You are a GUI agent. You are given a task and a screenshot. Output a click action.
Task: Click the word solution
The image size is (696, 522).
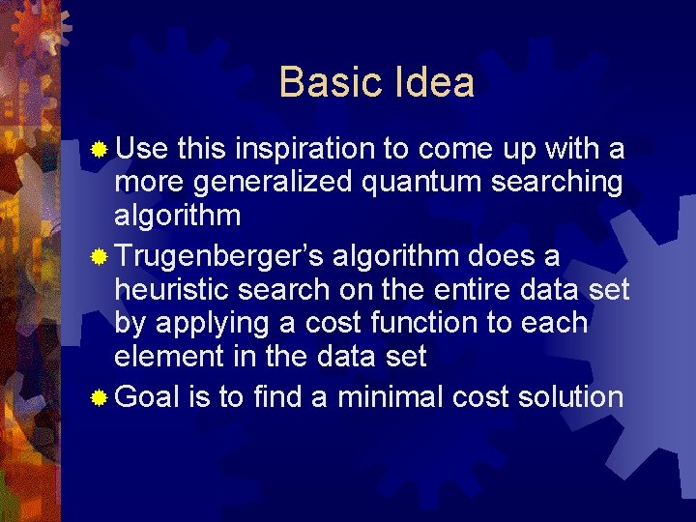point(566,396)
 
